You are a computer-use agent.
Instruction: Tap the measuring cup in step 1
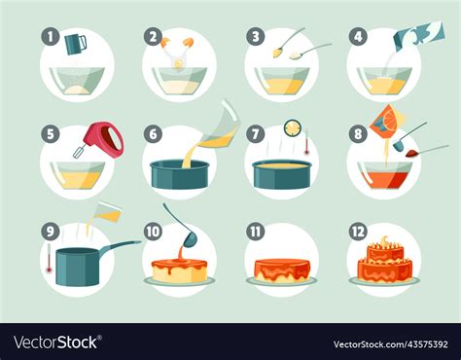(x=77, y=44)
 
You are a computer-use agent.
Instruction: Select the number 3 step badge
(x=256, y=37)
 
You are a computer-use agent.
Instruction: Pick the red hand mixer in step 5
(x=106, y=139)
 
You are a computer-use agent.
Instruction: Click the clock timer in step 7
(x=292, y=127)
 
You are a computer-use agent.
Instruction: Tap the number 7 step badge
(x=256, y=133)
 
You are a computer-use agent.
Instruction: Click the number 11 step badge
(x=256, y=232)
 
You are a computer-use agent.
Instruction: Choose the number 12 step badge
(x=358, y=232)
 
